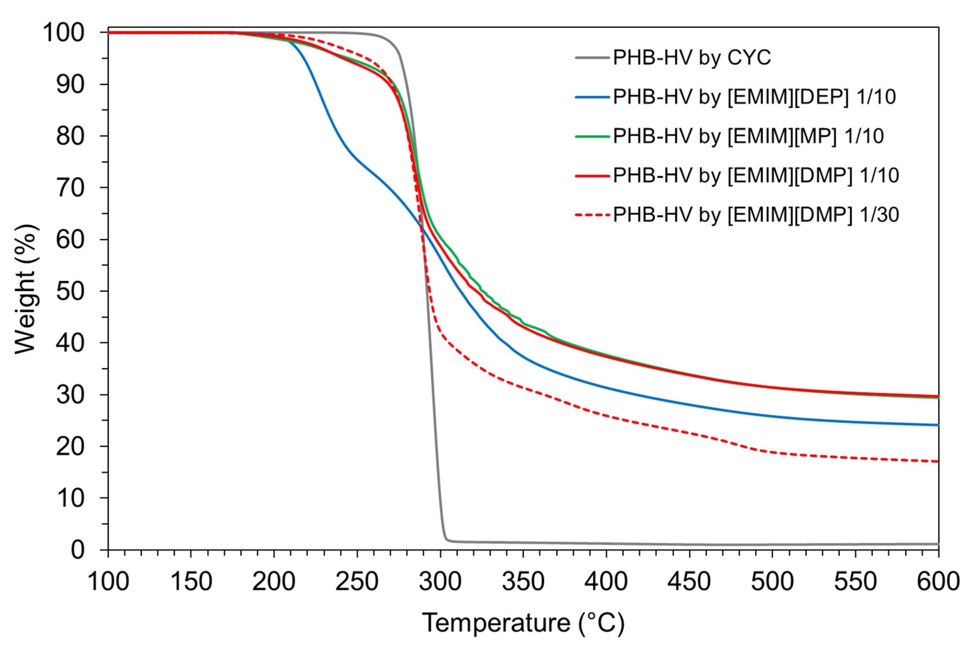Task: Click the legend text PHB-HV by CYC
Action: click(691, 58)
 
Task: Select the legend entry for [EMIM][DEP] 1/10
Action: click(754, 97)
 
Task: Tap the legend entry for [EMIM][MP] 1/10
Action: click(748, 136)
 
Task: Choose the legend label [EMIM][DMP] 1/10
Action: click(756, 175)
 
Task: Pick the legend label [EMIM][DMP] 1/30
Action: click(756, 214)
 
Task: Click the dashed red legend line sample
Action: click(592, 215)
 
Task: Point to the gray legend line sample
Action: click(592, 58)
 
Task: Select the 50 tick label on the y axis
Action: click(70, 291)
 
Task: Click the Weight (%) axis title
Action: click(26, 289)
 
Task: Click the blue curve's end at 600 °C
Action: click(937, 425)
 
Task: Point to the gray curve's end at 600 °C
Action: click(937, 544)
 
